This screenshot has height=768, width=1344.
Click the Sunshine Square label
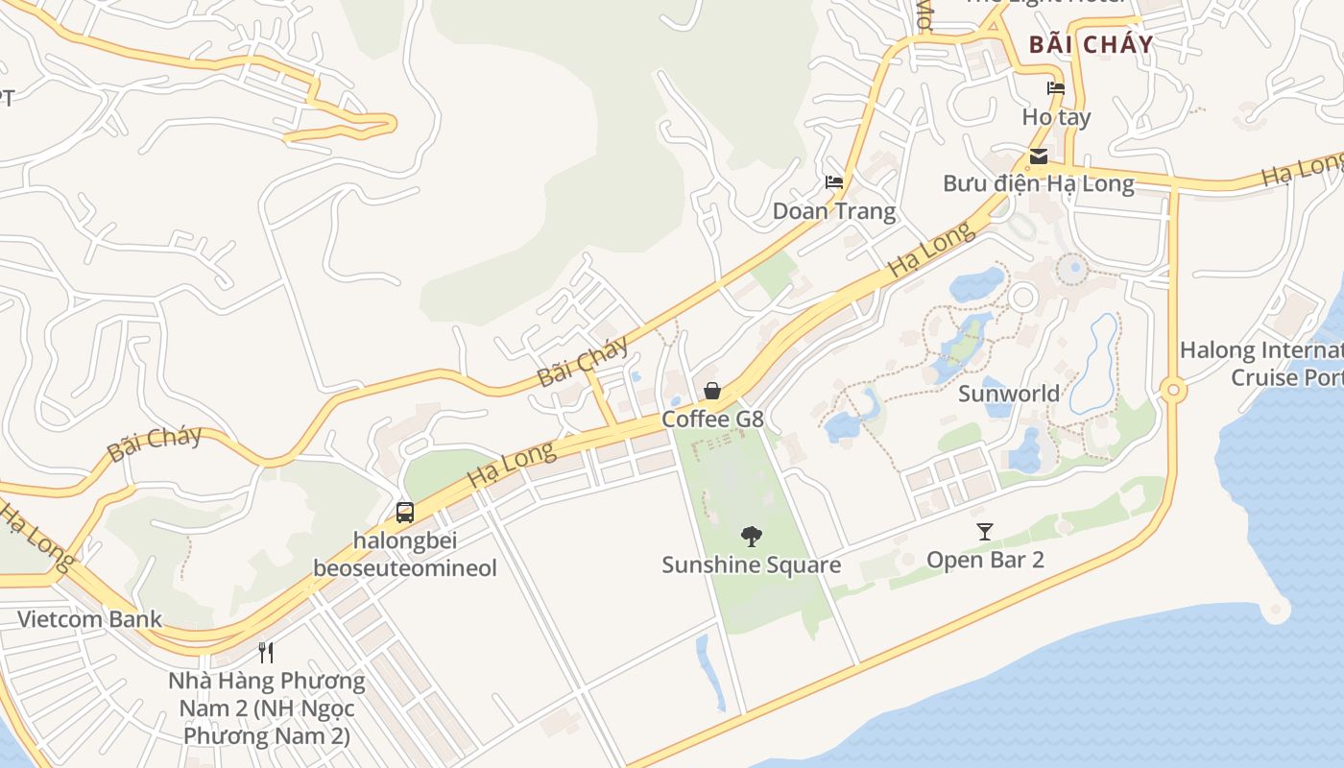click(751, 564)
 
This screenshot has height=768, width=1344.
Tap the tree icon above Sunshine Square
click(752, 537)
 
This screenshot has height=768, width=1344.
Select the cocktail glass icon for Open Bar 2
click(984, 531)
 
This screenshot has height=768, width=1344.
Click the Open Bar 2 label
click(985, 559)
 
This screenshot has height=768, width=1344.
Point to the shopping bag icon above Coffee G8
click(712, 391)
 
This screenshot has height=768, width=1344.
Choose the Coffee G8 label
click(712, 419)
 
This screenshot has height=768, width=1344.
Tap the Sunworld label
click(1009, 393)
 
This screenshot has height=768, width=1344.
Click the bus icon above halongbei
click(405, 512)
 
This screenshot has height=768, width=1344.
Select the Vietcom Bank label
click(90, 618)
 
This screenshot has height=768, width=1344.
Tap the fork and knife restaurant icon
click(266, 653)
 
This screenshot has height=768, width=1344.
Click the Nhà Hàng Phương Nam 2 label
click(267, 708)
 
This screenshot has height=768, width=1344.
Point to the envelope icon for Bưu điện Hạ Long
click(1038, 156)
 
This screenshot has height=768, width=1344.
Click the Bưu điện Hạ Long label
click(1038, 182)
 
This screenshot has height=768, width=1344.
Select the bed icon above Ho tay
click(1056, 89)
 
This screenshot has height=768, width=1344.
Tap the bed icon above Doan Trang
click(834, 182)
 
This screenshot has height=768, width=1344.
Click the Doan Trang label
click(834, 210)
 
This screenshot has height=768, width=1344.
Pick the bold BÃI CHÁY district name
click(1091, 44)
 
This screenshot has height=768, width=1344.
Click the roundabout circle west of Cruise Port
click(1172, 391)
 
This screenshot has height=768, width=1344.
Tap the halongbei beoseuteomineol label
click(405, 554)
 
